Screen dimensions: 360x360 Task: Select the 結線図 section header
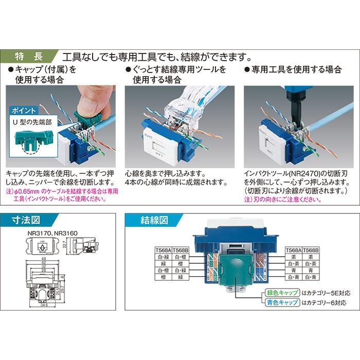[x=154, y=221]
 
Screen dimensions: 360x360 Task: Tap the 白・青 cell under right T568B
[x=311, y=276]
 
